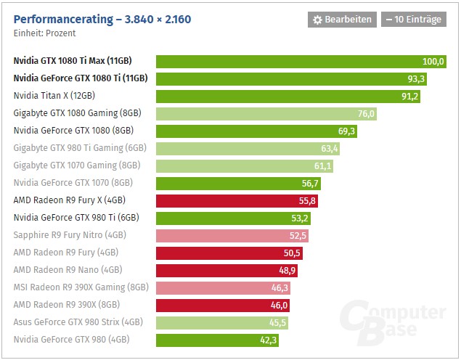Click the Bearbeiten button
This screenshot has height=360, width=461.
coord(342,20)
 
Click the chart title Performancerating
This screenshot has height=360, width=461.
coord(102,19)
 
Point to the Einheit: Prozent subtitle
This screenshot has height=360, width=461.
coord(44,33)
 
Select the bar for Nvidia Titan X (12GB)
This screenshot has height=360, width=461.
coord(290,96)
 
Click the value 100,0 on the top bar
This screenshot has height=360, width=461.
coord(433,62)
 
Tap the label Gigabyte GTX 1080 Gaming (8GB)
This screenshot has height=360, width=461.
coord(77,113)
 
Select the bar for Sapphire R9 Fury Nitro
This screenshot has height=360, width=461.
coord(233,235)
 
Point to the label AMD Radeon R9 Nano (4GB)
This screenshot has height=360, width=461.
coord(65,270)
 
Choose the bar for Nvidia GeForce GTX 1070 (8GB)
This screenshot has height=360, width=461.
coord(240,183)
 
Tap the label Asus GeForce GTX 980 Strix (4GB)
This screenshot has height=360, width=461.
coord(78,322)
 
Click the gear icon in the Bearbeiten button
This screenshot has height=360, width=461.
coord(317,20)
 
